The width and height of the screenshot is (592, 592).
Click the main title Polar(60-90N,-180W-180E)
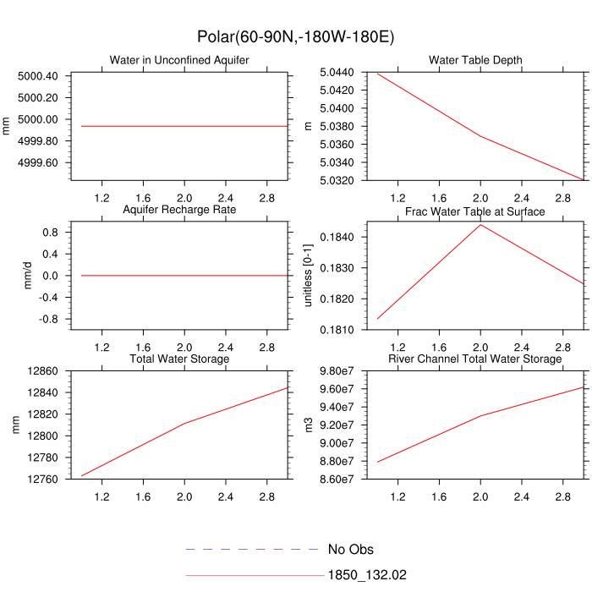click(x=296, y=37)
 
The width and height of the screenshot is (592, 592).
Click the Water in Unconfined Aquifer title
click(x=179, y=60)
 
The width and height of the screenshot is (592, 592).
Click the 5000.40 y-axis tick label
click(x=37, y=76)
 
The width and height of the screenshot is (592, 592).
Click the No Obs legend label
click(x=350, y=550)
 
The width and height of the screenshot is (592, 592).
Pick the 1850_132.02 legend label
click(x=367, y=575)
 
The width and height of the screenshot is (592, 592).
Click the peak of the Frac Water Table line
click(x=480, y=224)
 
